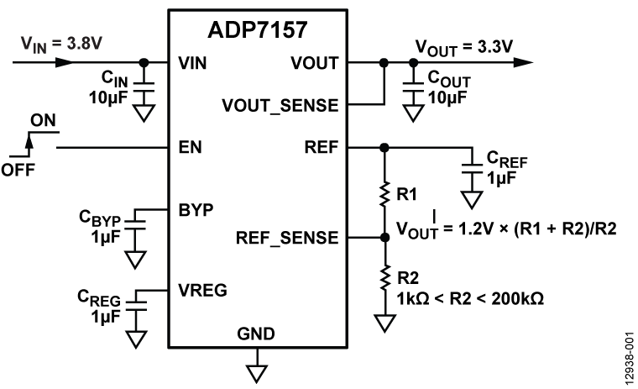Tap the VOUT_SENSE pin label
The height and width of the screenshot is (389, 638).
coord(280,106)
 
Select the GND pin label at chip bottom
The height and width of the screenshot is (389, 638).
coord(257,334)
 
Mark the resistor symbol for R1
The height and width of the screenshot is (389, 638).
coord(384,193)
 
